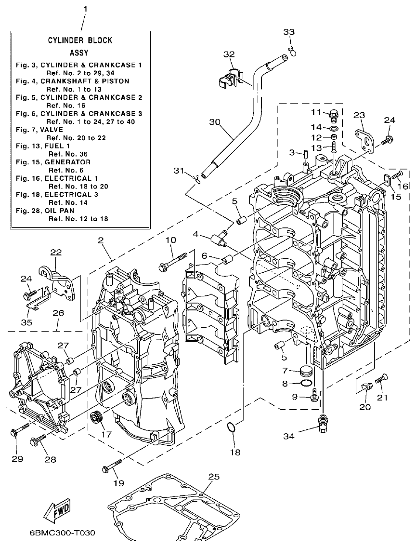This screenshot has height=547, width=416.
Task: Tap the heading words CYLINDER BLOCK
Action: (x=80, y=40)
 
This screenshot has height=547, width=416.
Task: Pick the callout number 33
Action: (x=288, y=32)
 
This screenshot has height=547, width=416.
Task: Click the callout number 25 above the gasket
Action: (x=214, y=477)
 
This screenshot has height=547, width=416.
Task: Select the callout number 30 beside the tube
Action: (x=214, y=122)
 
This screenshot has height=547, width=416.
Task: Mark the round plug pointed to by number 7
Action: (x=305, y=371)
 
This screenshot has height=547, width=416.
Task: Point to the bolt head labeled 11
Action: (x=332, y=116)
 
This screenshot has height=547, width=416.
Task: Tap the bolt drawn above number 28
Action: (x=39, y=439)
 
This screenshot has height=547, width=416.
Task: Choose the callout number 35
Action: (x=26, y=322)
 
